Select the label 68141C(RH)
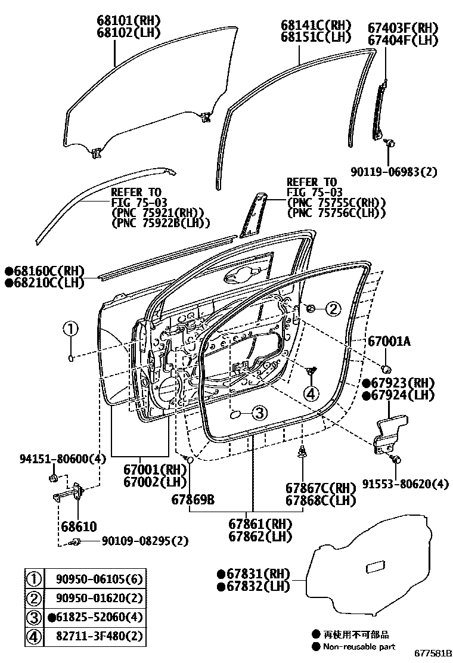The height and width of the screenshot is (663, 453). (x=317, y=26)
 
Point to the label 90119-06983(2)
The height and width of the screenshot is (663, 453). (x=393, y=172)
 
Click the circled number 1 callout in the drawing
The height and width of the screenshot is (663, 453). (x=71, y=329)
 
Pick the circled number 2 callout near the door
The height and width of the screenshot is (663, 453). (x=333, y=308)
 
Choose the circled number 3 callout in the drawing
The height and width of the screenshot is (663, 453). (x=258, y=412)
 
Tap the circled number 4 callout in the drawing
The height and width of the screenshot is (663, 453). (x=311, y=393)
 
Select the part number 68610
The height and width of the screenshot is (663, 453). (x=77, y=526)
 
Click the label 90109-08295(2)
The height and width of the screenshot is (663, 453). (x=145, y=541)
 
